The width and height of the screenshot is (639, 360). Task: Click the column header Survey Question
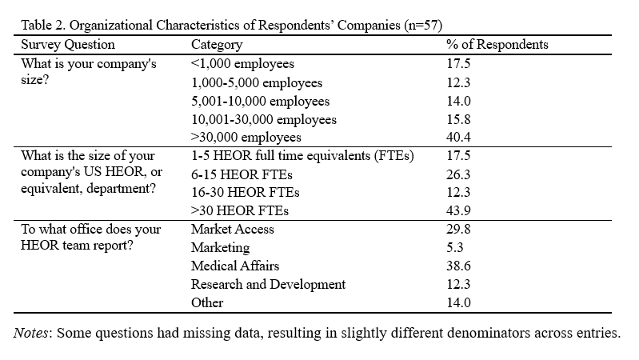coord(67,45)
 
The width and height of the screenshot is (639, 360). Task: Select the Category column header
coord(217,45)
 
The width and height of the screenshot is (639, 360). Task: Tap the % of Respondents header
coord(497,45)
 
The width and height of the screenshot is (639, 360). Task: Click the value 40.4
coord(458,138)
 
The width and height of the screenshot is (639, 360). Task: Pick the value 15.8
coord(458,119)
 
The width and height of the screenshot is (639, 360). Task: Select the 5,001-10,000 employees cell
coord(260,101)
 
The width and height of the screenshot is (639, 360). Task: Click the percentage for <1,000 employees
coord(458,63)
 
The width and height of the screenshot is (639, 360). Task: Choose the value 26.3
coord(458,174)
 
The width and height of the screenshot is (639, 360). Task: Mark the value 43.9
coord(458,211)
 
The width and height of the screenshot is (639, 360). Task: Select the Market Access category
coord(232,230)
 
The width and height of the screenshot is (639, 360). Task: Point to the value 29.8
coord(458,230)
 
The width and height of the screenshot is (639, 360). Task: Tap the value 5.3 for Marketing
coord(455,248)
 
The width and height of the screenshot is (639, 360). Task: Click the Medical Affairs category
coord(235,266)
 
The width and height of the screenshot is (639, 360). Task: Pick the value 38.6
coord(458,266)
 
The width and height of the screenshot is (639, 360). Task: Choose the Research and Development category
coord(268,285)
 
